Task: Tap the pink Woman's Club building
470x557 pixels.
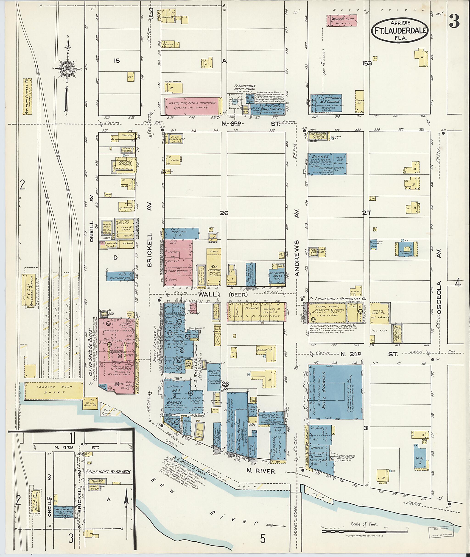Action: [x=342, y=20]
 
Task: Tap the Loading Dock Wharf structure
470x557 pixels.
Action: [x=54, y=391]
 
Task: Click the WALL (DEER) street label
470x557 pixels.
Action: [x=224, y=295]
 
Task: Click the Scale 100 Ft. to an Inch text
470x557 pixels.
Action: [x=108, y=471]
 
